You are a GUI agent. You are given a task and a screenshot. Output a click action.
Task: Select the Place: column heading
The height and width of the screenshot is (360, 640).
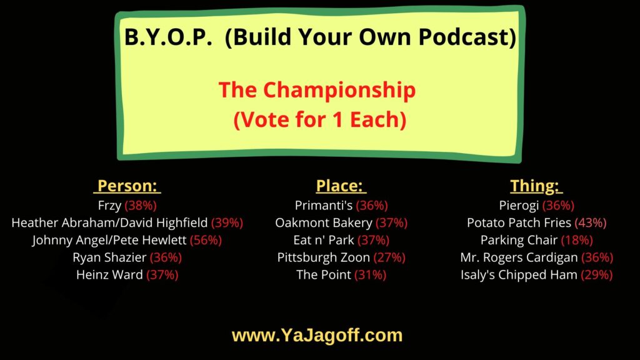pos(341,186)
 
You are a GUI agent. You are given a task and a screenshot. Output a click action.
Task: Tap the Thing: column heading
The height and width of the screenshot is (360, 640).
pos(536,186)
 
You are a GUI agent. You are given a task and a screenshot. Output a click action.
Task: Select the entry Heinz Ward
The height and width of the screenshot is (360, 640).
pos(110,275)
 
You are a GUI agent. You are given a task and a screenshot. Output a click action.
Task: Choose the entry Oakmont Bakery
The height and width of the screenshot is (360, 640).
pos(323,222)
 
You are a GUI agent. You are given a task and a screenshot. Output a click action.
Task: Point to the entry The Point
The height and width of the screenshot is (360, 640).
pos(323,275)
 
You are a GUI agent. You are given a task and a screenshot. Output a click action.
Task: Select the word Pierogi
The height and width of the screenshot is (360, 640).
pos(516,205)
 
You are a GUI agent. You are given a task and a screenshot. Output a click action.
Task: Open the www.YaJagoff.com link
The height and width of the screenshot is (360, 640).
pos(317,336)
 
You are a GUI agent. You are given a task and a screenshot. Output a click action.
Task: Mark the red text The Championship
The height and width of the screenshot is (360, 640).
pos(317,91)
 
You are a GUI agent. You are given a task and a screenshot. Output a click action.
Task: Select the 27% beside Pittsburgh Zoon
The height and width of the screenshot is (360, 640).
pos(388,257)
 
